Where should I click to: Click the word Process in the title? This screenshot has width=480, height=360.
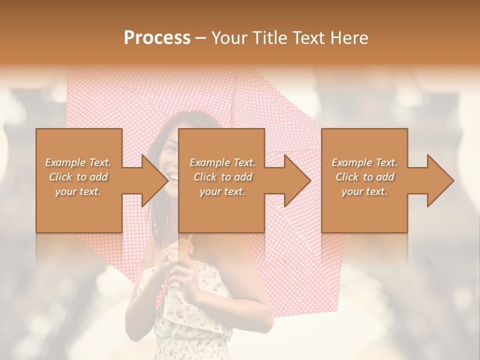157,38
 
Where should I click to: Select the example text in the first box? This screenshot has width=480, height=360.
78,177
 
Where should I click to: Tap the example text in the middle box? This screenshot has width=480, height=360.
222,177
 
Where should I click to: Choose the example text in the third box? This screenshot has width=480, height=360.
364,177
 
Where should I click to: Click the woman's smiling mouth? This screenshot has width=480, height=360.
173,177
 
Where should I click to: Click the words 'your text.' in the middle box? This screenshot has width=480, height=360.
222,191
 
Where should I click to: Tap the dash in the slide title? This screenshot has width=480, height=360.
201,38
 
